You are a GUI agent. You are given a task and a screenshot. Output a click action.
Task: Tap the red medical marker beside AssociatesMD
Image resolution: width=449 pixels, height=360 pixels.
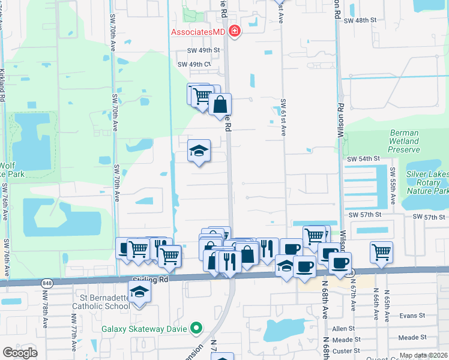[234, 31]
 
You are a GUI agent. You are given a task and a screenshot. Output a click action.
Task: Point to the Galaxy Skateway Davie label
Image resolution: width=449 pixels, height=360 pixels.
[144, 328]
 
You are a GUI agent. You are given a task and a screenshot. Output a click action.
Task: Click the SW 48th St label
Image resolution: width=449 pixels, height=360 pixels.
[360, 20]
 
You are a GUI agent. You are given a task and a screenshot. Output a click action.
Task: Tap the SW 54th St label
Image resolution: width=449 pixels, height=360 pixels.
[364, 158]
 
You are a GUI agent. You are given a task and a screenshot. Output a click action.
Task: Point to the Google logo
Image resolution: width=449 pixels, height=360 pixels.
[20, 352]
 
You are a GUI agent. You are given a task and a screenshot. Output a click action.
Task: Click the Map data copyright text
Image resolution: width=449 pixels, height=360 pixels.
[423, 356]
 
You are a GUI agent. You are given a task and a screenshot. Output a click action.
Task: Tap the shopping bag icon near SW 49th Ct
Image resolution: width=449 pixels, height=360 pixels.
[220, 104]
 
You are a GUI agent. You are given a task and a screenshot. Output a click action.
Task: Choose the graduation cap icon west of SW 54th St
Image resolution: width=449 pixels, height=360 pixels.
[199, 151]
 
